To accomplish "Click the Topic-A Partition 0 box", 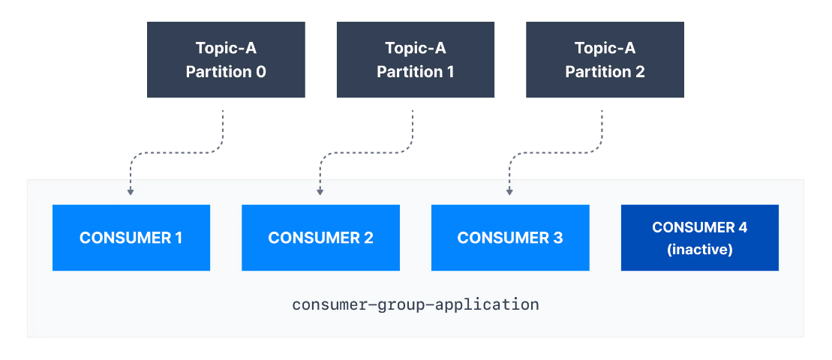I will coord(226,60).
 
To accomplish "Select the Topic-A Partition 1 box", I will coord(415,60).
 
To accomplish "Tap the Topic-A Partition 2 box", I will coord(605,60).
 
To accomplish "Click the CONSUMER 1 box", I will coord(131,238).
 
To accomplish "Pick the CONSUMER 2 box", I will coord(320,238).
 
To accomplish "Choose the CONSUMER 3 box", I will coord(510,238).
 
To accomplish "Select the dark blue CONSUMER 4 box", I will coord(699,238).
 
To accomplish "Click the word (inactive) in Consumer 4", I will coord(699,249).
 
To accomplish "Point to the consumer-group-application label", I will coord(415,305).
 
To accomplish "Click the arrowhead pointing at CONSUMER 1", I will coord(131,192).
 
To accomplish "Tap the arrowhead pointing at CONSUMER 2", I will coord(320,192).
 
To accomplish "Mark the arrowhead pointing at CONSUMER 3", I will coord(509,192).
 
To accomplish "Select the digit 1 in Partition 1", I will coord(450,72).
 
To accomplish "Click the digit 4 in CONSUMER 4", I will coord(742,227).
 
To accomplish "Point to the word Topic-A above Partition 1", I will coord(415,49).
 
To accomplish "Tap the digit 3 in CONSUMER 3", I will coord(557,238).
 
